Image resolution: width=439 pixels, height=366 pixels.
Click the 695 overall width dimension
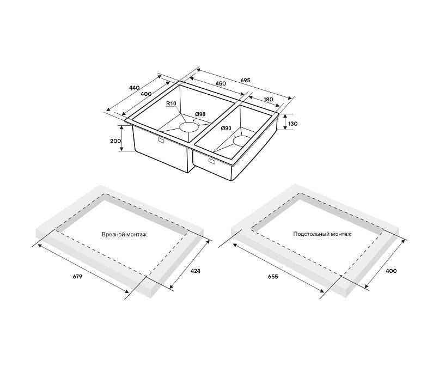coord(245,80)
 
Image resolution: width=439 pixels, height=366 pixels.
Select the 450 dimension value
coord(221,83)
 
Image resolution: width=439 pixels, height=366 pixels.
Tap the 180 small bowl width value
coord(268,100)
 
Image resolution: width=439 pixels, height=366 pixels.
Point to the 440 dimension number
coord(134,88)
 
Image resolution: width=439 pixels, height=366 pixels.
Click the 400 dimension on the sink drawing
coord(146,94)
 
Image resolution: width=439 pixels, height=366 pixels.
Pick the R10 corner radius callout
coord(171,103)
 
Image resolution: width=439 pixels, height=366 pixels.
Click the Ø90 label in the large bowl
coord(200,114)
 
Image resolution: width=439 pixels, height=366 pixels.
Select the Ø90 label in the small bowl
coord(226,128)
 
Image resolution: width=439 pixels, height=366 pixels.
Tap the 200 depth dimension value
coord(115,141)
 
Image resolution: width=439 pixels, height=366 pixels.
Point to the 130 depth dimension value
coord(292,124)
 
